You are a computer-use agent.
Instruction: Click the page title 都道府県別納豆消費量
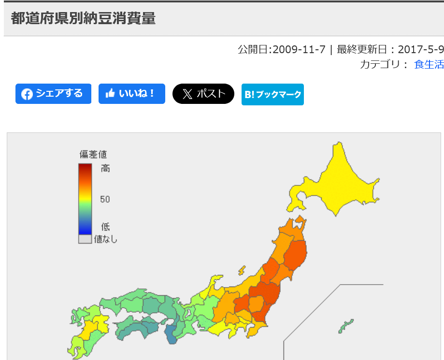point(83,18)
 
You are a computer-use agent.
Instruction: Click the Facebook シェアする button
point(53,94)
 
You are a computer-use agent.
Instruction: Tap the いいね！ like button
point(132,94)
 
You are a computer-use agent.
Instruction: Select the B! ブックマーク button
point(272,94)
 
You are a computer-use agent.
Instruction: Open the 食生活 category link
point(429,64)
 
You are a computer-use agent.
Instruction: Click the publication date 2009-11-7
point(299,49)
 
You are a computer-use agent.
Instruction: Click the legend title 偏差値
point(93,155)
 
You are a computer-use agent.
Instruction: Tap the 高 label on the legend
point(105,168)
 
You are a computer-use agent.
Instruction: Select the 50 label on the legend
point(105,199)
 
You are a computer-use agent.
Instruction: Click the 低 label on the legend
point(105,227)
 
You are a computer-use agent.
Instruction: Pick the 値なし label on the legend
point(106,239)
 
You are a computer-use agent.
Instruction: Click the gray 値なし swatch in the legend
point(85,239)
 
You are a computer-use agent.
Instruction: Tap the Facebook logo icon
point(27,94)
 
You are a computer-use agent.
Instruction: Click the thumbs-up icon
point(110,94)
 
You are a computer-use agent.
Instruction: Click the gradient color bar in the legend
point(85,199)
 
